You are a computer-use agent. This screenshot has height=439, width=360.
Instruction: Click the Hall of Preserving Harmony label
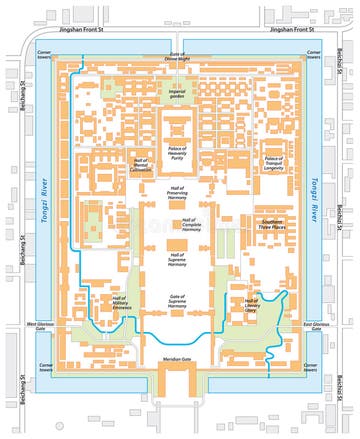pyautogui.click(x=183, y=194)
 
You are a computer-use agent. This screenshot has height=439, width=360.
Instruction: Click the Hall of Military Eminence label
pyautogui.click(x=120, y=305)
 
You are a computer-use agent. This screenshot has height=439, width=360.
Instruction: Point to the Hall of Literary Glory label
pyautogui.click(x=244, y=307)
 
